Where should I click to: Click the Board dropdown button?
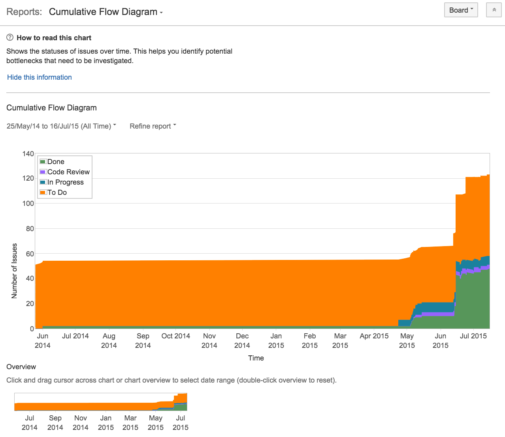(461, 10)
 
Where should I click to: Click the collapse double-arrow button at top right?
(494, 10)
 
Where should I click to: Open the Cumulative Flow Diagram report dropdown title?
(106, 12)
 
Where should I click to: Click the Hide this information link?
(40, 77)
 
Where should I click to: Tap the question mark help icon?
(10, 37)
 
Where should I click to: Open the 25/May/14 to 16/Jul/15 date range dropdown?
(61, 126)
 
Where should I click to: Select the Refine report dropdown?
(153, 126)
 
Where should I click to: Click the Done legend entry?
(56, 162)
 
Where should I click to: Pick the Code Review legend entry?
(68, 172)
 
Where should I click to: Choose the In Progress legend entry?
(65, 182)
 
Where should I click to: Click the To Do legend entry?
(57, 192)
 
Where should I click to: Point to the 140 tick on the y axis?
(28, 154)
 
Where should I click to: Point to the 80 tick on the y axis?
(30, 229)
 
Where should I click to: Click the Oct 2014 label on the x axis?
(176, 336)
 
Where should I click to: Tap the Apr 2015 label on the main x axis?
(374, 336)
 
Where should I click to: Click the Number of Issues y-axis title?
(15, 271)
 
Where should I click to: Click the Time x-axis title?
(256, 358)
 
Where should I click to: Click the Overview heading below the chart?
(21, 367)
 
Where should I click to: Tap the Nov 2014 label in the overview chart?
(81, 422)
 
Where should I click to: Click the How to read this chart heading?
(54, 38)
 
